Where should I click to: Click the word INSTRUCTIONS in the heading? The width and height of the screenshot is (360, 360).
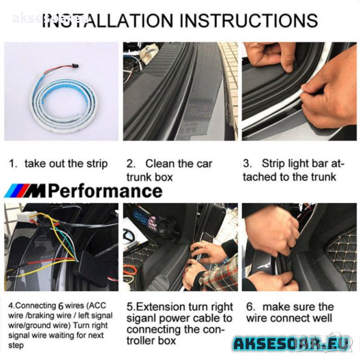[x=248, y=20]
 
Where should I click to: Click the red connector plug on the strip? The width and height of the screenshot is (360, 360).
[x=76, y=66]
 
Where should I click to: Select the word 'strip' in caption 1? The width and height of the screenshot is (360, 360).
[x=97, y=164]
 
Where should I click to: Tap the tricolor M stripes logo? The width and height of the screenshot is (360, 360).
[x=17, y=191]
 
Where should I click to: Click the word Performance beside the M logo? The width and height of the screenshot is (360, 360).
[x=105, y=191]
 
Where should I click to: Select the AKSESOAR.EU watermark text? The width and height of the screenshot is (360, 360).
[x=292, y=343]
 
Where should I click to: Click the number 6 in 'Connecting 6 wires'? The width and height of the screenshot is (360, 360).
[x=61, y=306]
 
